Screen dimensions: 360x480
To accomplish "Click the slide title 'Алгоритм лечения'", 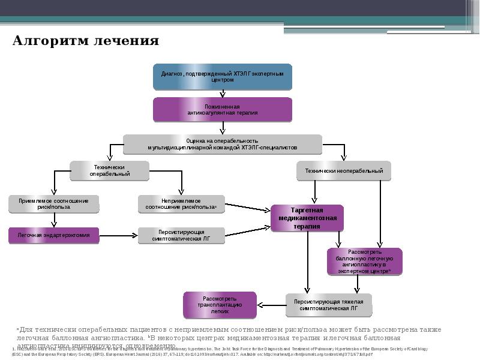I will [x=86, y=41].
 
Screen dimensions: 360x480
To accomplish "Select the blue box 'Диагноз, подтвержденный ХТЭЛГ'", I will [x=222, y=76].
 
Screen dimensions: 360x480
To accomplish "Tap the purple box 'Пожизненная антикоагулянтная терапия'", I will [x=222, y=109].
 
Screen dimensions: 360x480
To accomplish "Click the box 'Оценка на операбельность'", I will [x=222, y=143].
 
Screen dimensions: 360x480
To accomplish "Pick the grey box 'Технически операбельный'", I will [x=109, y=170].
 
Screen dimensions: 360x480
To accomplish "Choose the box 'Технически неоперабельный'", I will [x=344, y=170].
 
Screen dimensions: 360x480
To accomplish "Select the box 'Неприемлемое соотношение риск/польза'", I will [x=181, y=204].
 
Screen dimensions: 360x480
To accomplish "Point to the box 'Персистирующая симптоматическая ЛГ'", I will [x=181, y=235].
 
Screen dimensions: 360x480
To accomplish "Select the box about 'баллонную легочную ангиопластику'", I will [x=365, y=262].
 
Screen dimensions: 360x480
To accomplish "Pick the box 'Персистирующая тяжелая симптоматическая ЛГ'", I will [x=329, y=305].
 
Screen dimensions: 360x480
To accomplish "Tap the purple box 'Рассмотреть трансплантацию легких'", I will [x=220, y=305].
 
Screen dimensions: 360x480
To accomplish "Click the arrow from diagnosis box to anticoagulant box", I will [x=223, y=94].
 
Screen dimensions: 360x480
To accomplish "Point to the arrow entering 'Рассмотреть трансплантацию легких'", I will [x=270, y=305].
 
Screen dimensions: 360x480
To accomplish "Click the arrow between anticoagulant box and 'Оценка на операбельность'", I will [x=223, y=127].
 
